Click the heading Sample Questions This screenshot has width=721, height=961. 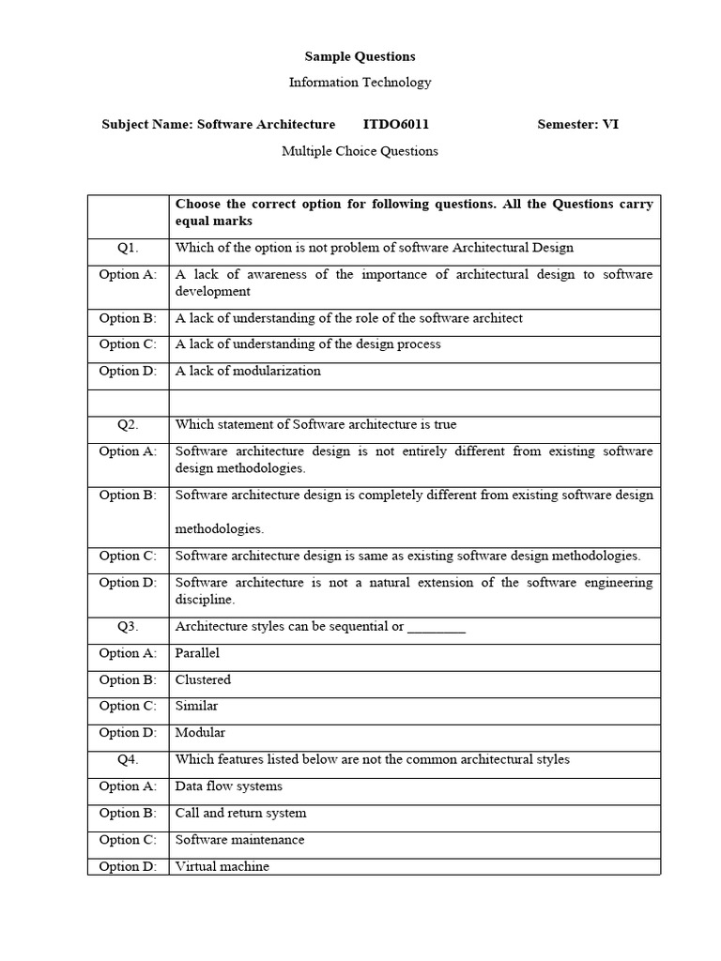tap(360, 56)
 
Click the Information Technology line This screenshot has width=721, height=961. tap(360, 83)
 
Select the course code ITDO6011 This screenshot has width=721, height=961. tap(396, 125)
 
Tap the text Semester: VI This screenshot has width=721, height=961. tap(577, 125)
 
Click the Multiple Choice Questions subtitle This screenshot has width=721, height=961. tap(360, 151)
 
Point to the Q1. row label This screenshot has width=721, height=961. tap(128, 248)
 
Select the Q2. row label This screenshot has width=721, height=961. tap(128, 424)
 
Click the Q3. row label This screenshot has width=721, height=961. tap(128, 627)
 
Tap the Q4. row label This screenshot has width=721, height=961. tap(128, 759)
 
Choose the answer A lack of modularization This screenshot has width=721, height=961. tap(248, 371)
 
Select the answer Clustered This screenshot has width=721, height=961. tap(203, 679)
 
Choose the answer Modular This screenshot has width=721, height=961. tap(200, 733)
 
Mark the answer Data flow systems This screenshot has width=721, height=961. tap(228, 786)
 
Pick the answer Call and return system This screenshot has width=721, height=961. tap(240, 813)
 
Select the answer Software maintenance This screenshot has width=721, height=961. tap(239, 840)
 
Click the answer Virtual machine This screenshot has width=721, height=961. tap(222, 866)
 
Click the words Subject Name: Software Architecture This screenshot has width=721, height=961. tap(218, 125)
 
